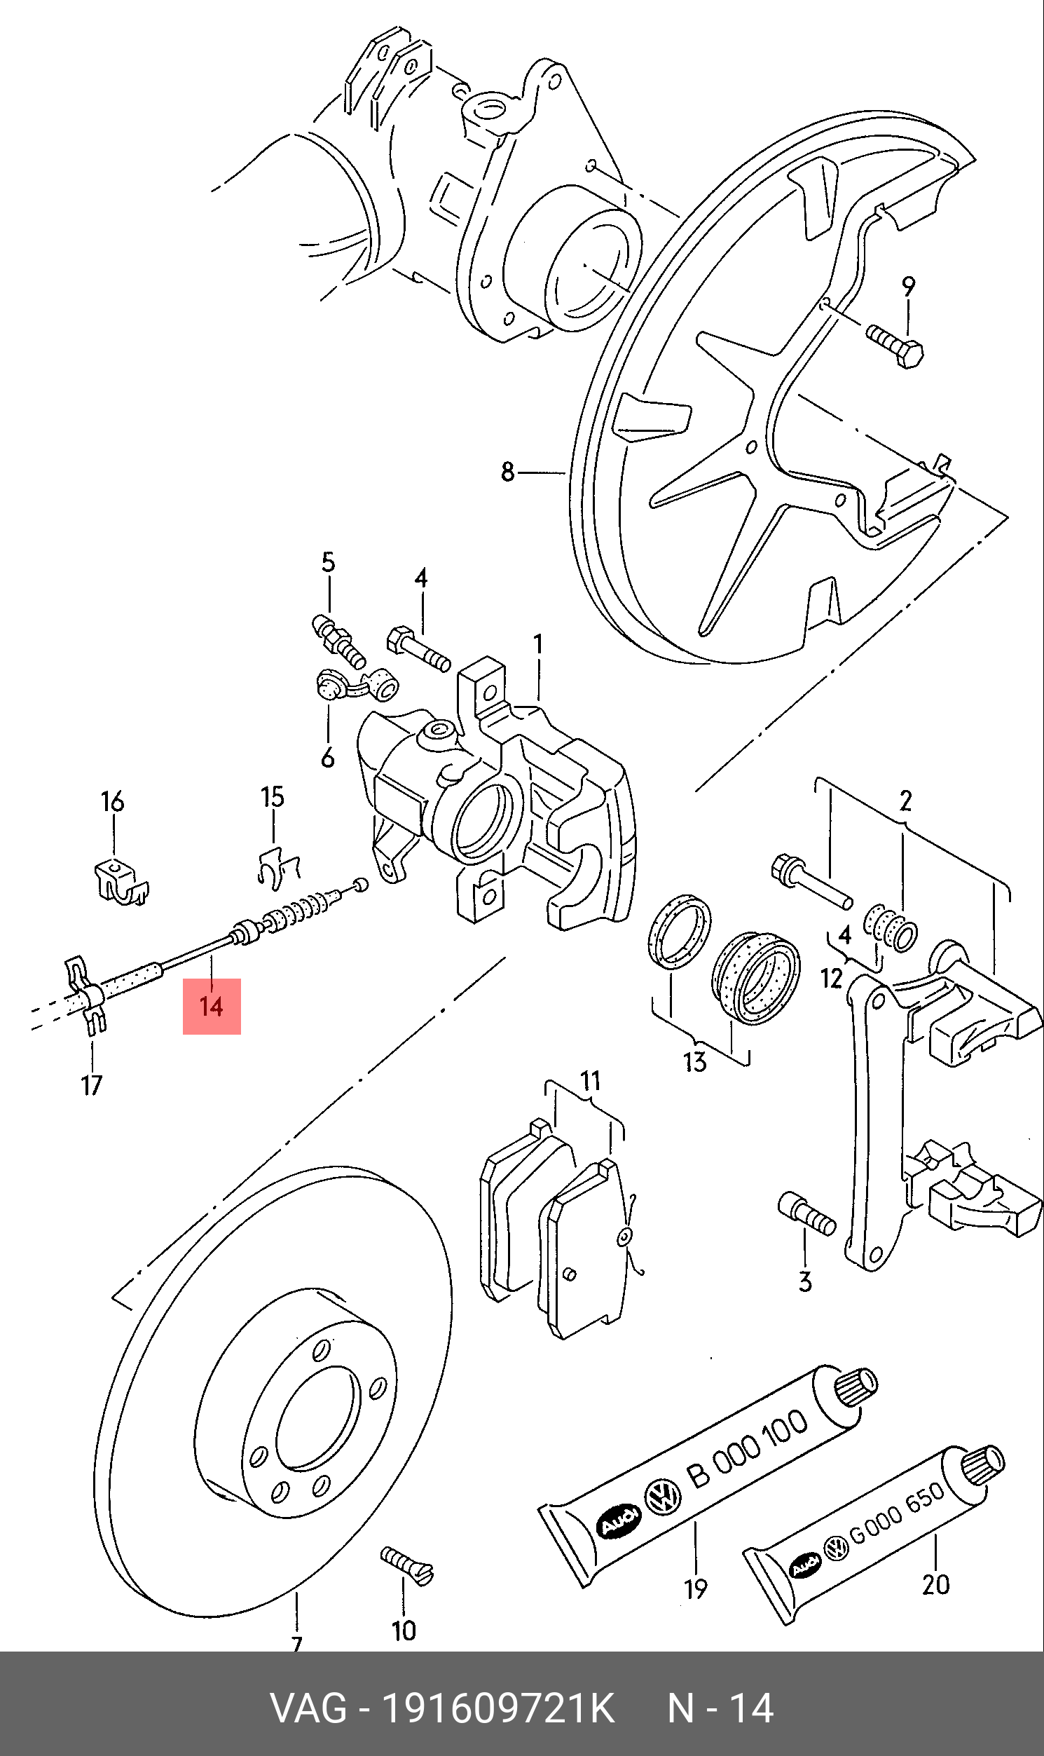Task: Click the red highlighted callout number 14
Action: pyautogui.click(x=212, y=1006)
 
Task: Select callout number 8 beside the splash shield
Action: pyautogui.click(x=508, y=472)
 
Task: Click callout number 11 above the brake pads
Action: pyautogui.click(x=590, y=1080)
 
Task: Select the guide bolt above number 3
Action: pyautogui.click(x=807, y=1213)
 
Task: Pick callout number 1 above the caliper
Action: pyautogui.click(x=538, y=644)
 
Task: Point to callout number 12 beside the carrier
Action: pyautogui.click(x=832, y=979)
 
